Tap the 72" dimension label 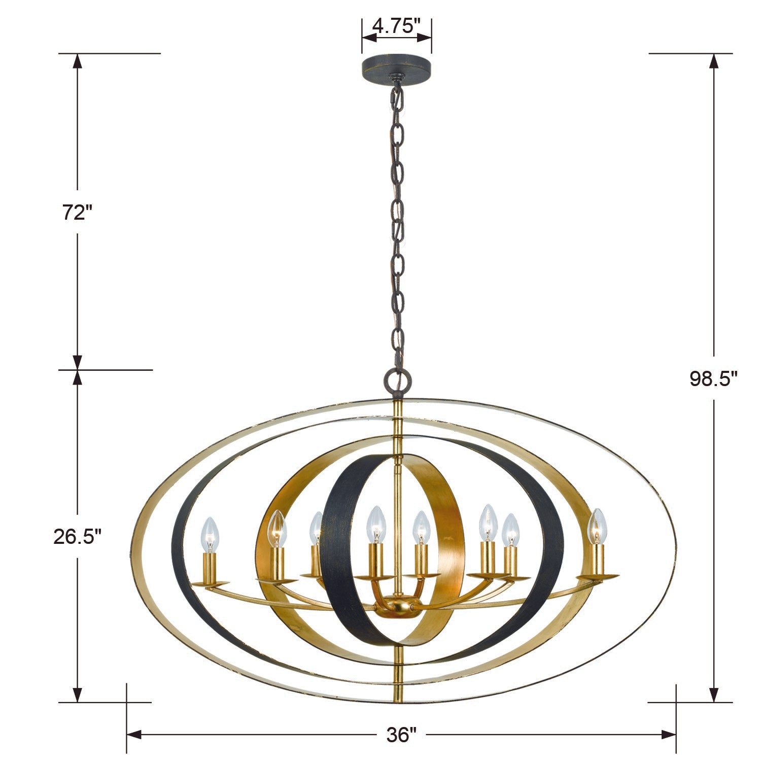[x=76, y=213]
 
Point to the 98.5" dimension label [x=713, y=378]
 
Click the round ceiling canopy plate [x=397, y=66]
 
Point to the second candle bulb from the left [x=277, y=528]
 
